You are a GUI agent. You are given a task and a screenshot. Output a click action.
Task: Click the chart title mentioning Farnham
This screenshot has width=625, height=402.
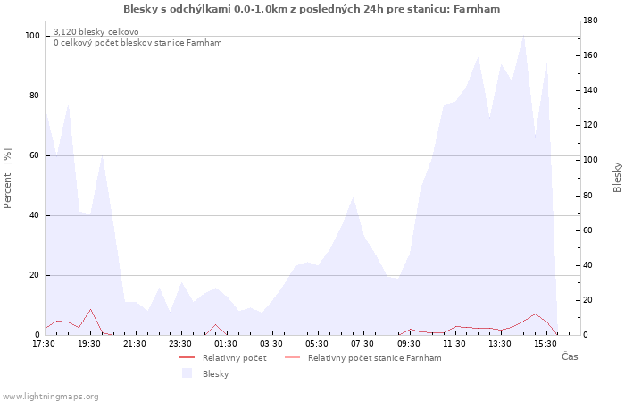click(312, 9)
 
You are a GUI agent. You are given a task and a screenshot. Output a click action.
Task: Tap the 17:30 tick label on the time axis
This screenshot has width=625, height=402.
click(44, 344)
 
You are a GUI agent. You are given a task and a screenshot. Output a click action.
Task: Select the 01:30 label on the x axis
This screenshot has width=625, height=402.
click(226, 344)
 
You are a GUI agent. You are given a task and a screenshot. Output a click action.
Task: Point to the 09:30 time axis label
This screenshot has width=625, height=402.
click(409, 344)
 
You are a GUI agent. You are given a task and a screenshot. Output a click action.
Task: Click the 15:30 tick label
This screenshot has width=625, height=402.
click(546, 344)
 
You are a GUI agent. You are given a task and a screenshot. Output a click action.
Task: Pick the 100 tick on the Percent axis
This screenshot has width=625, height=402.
click(32, 36)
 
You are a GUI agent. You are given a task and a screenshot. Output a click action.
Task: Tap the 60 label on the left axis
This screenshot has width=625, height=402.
click(34, 155)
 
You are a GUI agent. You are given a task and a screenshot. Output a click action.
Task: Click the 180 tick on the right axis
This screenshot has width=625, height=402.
click(590, 21)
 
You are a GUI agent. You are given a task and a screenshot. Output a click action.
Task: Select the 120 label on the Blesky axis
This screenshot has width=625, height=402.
click(590, 125)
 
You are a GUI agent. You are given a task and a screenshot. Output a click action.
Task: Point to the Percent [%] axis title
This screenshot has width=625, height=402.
click(7, 179)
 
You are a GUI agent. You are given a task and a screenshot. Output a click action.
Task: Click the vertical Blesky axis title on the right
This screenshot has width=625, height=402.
click(617, 178)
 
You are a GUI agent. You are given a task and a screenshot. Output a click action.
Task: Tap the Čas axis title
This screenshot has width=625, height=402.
click(570, 356)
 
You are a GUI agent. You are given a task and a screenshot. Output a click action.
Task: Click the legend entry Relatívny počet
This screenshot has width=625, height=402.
click(234, 358)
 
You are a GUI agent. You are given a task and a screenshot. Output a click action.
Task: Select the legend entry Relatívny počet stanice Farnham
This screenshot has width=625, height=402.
click(375, 358)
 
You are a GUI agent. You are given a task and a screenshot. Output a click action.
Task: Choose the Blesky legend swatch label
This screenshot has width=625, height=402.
click(216, 374)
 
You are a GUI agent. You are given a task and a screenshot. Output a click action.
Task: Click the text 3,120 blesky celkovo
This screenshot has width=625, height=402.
click(96, 32)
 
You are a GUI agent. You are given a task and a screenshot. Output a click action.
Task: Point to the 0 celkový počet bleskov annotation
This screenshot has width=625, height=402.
click(137, 43)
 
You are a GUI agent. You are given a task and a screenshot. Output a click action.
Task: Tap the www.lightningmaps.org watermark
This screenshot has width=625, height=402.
click(49, 397)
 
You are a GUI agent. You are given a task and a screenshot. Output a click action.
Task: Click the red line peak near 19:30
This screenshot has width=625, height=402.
click(90, 309)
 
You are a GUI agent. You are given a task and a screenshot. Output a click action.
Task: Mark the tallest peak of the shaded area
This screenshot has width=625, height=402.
click(523, 36)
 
